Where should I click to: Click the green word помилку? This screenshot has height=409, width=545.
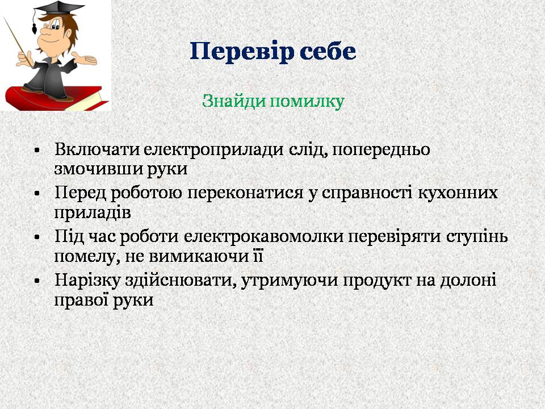click(x=307, y=101)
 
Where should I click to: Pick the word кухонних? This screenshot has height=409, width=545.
click(x=458, y=193)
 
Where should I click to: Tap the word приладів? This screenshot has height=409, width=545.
click(x=93, y=213)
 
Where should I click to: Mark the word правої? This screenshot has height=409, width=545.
click(x=81, y=301)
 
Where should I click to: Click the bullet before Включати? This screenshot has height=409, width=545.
click(x=37, y=151)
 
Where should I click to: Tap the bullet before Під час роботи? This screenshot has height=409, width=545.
click(x=37, y=237)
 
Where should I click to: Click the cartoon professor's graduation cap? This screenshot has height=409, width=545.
click(x=58, y=10)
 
